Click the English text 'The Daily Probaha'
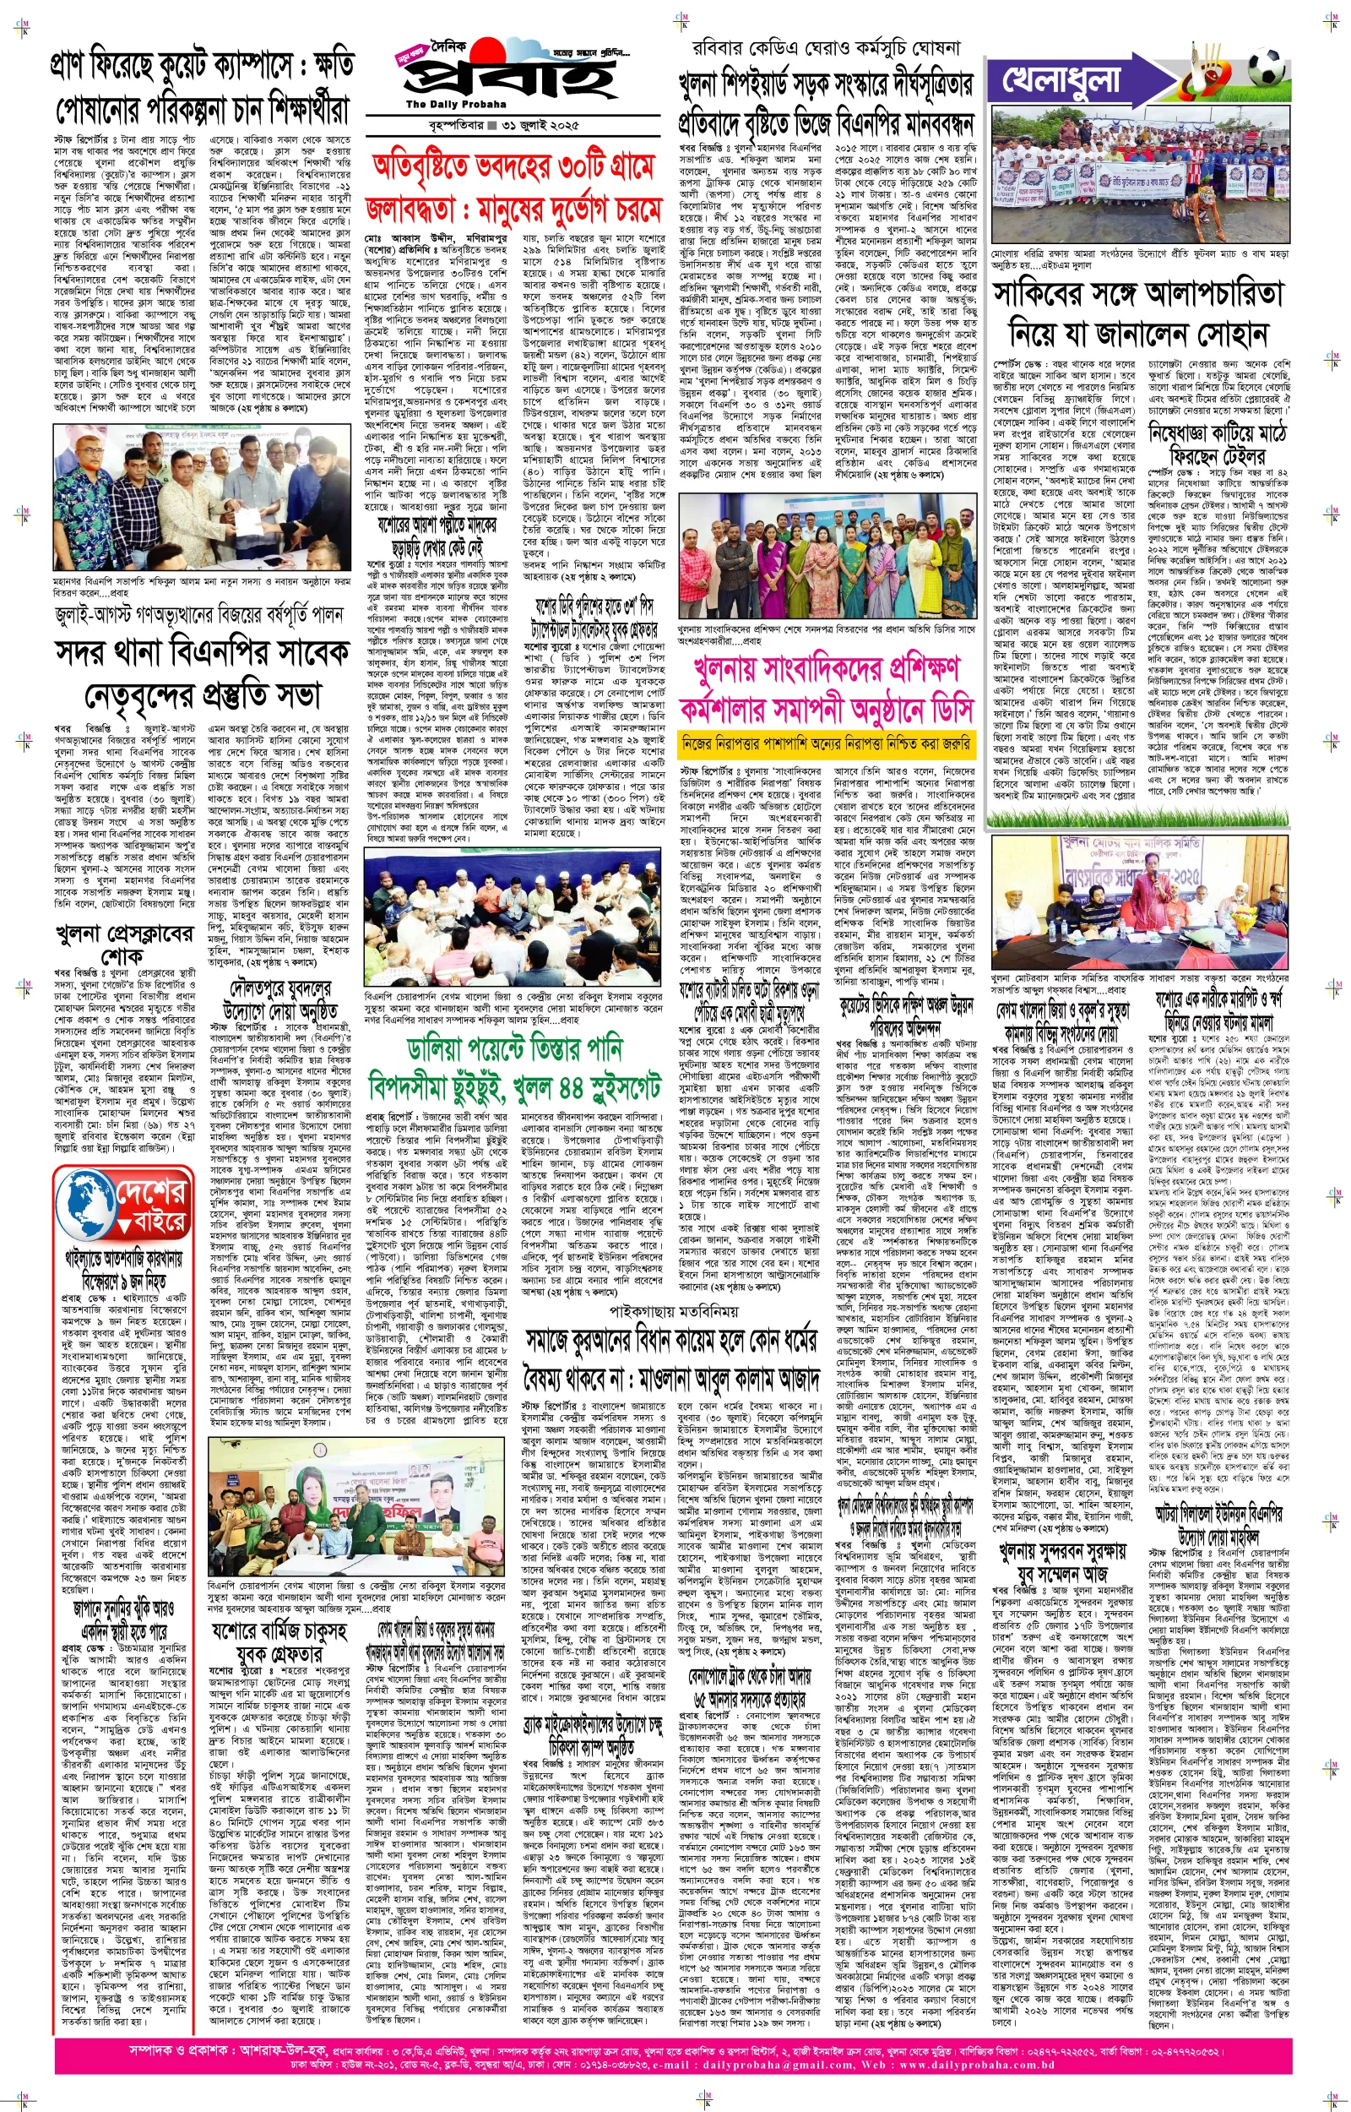coord(455,105)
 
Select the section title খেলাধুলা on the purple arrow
coord(1061,81)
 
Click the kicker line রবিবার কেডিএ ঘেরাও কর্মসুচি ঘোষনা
coord(826,47)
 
